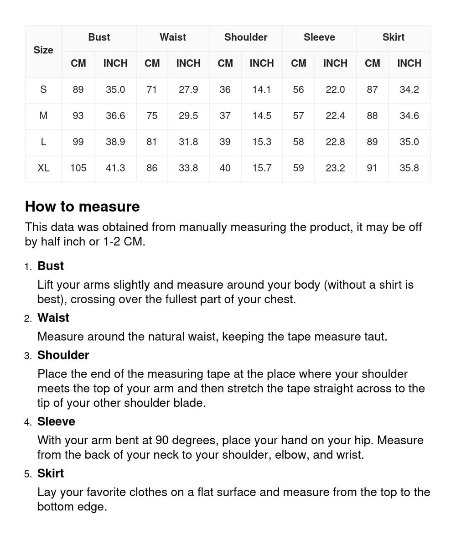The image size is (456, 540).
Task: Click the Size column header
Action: point(43,50)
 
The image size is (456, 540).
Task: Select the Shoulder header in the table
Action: point(246,37)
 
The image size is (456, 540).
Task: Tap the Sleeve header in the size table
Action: point(319,37)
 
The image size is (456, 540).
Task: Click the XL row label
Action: point(43,168)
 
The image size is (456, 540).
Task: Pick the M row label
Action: point(43,116)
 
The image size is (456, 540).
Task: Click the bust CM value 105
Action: point(78,168)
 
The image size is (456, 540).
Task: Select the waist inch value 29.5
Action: point(188,116)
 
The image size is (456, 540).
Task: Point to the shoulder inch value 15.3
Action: point(262,142)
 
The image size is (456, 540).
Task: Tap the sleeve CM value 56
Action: point(299,90)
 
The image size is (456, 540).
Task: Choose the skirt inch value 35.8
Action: point(409,168)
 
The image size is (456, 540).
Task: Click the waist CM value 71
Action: point(152,90)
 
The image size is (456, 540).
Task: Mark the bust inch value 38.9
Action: point(115,142)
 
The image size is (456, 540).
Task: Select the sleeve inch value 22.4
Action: point(335,116)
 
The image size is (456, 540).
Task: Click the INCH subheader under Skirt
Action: point(409,63)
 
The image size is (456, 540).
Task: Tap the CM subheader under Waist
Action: point(152,63)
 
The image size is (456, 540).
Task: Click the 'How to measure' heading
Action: point(83,207)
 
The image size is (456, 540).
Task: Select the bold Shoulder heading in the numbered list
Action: point(63,355)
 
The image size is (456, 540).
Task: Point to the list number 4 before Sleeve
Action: point(28,422)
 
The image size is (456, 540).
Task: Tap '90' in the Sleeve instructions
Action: point(162,440)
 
